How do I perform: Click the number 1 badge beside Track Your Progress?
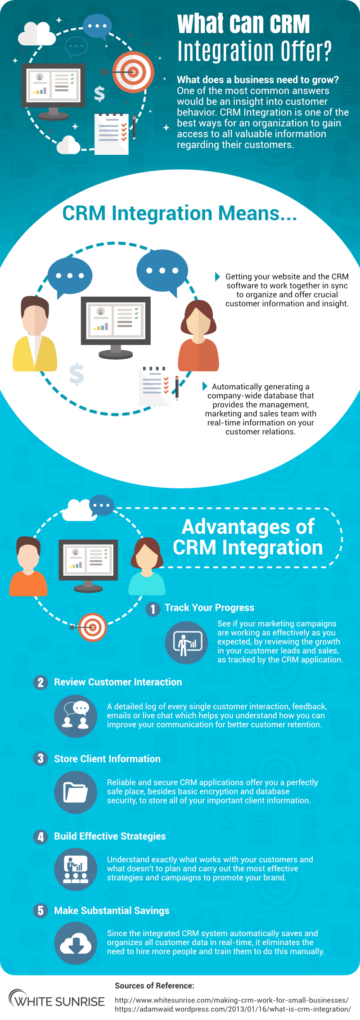click(x=153, y=609)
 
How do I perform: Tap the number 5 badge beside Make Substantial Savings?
click(x=40, y=910)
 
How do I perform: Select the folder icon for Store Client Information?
click(x=76, y=792)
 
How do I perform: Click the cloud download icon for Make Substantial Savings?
click(x=76, y=943)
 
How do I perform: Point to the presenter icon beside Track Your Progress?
click(x=186, y=642)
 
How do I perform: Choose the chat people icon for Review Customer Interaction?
click(x=76, y=716)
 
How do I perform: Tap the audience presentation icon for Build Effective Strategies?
click(x=76, y=869)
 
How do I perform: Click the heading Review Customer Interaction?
click(x=118, y=682)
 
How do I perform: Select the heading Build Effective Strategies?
click(x=110, y=836)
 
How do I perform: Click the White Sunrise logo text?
click(x=57, y=1002)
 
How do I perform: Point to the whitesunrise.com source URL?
click(x=232, y=1000)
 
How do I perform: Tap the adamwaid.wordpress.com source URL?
click(x=233, y=1009)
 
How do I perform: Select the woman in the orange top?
click(x=198, y=335)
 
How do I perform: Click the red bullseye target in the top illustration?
click(x=133, y=72)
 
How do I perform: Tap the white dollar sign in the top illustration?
click(x=99, y=94)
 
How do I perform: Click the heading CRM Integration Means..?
click(x=180, y=213)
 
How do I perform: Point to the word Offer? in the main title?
click(x=306, y=51)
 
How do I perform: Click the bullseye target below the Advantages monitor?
click(x=92, y=627)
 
